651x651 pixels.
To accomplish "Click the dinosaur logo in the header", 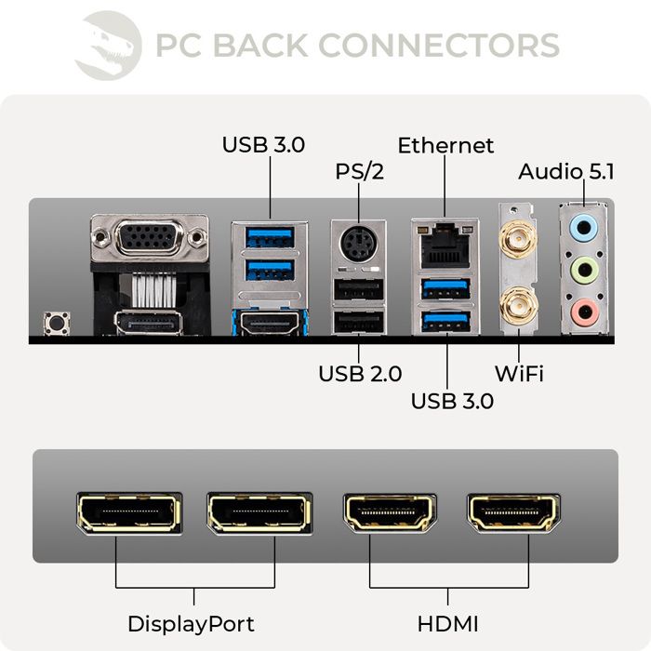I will click(x=108, y=44).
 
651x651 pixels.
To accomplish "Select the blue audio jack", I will click(x=583, y=225).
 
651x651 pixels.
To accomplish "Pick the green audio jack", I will click(x=583, y=270).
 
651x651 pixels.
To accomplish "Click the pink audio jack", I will click(x=583, y=313).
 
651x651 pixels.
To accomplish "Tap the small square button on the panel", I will click(x=57, y=324).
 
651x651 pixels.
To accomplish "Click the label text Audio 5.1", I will click(x=565, y=172).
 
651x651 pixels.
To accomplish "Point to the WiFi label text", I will click(x=518, y=374).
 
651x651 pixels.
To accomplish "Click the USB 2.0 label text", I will click(x=360, y=374).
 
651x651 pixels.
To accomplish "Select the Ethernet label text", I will click(x=445, y=146).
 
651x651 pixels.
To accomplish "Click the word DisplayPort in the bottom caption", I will click(x=191, y=622).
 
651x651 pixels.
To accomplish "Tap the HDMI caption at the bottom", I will click(x=449, y=622).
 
